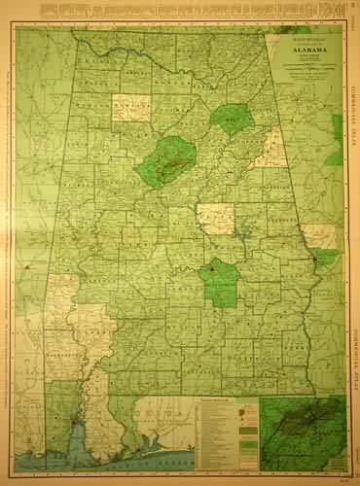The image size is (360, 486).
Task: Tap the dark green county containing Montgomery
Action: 221,281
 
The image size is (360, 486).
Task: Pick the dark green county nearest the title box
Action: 233,119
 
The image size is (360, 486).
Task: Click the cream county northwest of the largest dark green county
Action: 131,107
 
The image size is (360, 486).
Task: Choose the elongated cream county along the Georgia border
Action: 271,149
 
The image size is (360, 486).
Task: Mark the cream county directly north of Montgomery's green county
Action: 216,219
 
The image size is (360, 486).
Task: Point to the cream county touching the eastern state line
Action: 318,236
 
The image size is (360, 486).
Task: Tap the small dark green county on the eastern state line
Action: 326,258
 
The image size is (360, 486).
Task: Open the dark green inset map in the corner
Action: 303,433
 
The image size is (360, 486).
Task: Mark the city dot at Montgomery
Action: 211,265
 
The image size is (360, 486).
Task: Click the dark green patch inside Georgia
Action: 337,126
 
